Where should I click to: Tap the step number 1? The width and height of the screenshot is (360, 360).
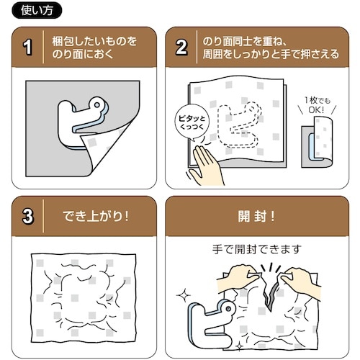point(28,48)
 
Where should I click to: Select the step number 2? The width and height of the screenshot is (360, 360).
point(182,48)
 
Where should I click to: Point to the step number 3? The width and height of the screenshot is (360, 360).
point(28,215)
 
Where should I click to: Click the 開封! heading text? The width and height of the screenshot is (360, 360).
point(256,215)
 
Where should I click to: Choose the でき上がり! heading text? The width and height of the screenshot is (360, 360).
point(95,215)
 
